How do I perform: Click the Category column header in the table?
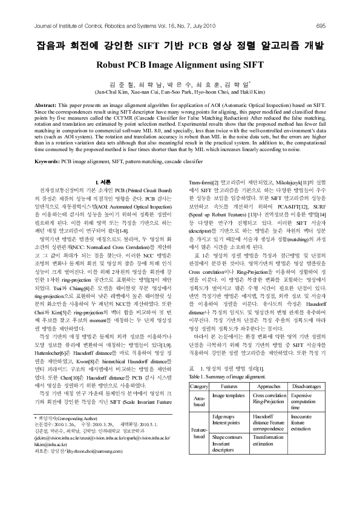coord(199,351)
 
